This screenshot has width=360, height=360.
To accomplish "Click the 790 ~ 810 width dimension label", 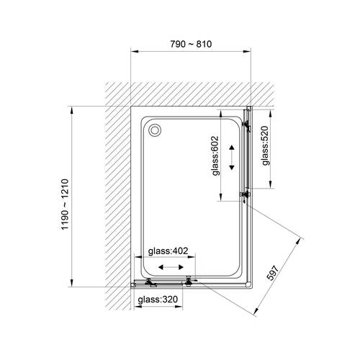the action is (191, 44).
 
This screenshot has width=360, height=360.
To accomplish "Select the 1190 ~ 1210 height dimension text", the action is (65, 204).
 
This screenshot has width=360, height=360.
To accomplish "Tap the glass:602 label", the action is (215, 156).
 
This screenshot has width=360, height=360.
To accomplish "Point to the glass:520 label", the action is (266, 145).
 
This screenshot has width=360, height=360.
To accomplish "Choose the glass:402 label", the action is (168, 251).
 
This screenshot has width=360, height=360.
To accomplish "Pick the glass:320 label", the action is (158, 300).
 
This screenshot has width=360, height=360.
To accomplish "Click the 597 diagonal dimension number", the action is (273, 273).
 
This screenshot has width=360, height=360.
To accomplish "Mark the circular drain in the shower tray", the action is (155, 130).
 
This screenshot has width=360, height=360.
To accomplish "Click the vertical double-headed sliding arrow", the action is (232, 158).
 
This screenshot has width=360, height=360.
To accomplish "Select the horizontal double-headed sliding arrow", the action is (171, 267).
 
